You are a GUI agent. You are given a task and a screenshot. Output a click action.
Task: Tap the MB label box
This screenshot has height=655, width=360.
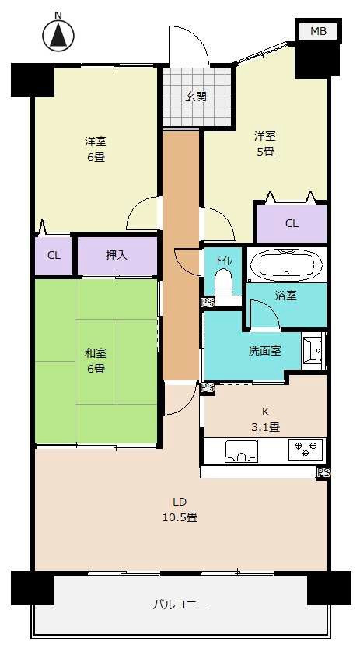(318, 31)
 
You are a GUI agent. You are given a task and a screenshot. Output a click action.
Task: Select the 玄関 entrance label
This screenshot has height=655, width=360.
(195, 97)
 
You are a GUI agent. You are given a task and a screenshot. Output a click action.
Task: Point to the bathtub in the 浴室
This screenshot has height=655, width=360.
(285, 264)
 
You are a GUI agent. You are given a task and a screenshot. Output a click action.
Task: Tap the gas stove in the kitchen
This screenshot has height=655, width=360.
(306, 449)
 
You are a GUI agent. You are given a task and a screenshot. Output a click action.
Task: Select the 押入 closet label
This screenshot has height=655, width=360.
(118, 255)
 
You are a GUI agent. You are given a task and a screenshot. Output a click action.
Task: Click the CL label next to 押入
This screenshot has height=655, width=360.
(54, 255)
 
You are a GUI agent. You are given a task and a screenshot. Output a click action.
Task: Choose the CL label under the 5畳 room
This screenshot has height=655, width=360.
(292, 224)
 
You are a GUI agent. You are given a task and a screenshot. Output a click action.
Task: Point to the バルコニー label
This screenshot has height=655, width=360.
(179, 604)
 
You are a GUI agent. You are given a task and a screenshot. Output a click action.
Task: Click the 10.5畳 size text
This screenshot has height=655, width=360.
(180, 517)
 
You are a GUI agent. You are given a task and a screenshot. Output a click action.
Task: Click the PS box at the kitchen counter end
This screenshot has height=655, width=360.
(323, 472)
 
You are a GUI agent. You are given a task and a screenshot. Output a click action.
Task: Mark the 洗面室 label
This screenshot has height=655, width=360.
(264, 351)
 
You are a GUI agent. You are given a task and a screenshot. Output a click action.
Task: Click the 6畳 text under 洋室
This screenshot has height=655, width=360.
(96, 156)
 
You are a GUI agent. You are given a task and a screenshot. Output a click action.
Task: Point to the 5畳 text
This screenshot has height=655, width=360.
(265, 152)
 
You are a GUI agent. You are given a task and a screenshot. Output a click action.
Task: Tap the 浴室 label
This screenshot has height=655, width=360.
(285, 296)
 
